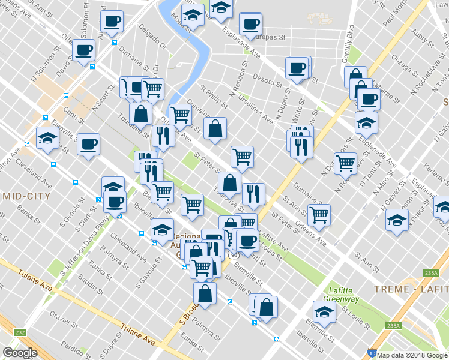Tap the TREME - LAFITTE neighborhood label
[x=410, y=289]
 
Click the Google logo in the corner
[x=20, y=352]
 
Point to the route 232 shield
[x=20, y=332]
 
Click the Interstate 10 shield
[x=372, y=355]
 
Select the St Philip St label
[x=228, y=99]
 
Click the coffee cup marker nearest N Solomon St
[x=85, y=50]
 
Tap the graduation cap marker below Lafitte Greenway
[x=324, y=312]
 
